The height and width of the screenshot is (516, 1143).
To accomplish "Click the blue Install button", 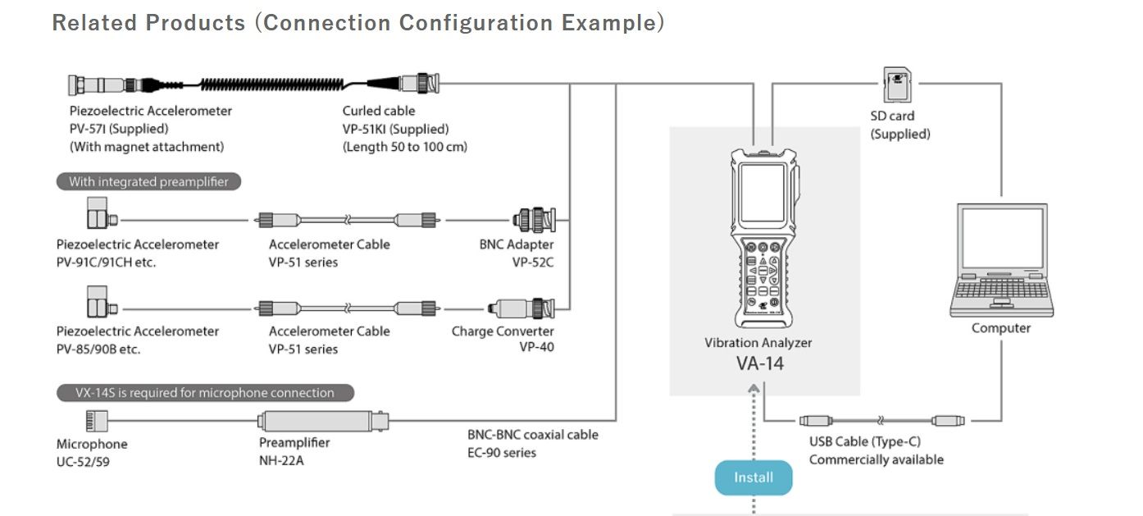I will coord(753,477).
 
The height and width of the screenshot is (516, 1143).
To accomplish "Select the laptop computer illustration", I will coord(1001,260).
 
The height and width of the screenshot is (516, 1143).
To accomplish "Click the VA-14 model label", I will coord(759,363).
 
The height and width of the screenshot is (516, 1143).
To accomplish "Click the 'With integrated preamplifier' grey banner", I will coord(148,181).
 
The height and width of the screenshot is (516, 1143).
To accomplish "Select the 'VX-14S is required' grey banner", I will coord(205,393).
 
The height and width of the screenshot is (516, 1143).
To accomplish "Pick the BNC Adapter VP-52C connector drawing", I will coord(533,220).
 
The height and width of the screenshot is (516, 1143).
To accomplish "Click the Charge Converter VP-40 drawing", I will coord(522,308).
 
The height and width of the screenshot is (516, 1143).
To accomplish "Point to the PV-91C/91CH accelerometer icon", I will coord(101,215).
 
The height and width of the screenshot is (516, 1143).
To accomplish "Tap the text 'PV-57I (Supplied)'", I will coord(119,129).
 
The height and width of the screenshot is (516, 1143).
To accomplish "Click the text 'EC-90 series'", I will coord(502,452).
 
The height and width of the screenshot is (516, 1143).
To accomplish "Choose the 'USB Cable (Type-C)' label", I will coord(864,441).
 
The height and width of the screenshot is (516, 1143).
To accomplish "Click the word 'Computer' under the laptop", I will coord(1001,328).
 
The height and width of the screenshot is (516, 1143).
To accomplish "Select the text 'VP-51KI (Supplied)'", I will coord(395,129).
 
